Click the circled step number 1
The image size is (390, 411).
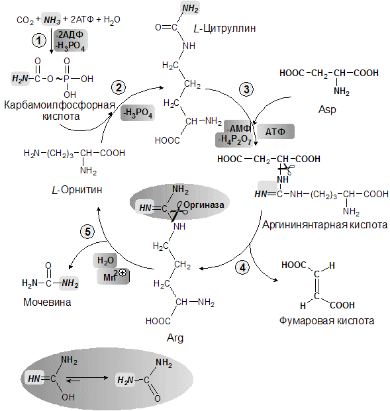pyautogui.click(x=39, y=40)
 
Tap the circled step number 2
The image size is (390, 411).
pyautogui.click(x=119, y=87)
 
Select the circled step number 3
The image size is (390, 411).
pyautogui.click(x=246, y=89)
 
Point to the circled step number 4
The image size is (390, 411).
pyautogui.click(x=242, y=267)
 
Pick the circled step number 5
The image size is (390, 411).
pyautogui.click(x=87, y=232)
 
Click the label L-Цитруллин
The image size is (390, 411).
pyautogui.click(x=224, y=28)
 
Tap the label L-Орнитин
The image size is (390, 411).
pyautogui.click(x=77, y=189)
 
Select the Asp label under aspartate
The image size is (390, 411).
pyautogui.click(x=327, y=109)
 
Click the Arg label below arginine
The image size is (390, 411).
pyautogui.click(x=175, y=338)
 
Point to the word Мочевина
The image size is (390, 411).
pyautogui.click(x=47, y=302)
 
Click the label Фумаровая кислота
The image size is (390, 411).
pyautogui.click(x=326, y=320)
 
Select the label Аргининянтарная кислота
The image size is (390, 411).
pyautogui.click(x=324, y=225)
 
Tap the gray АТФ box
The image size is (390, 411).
pyautogui.click(x=275, y=131)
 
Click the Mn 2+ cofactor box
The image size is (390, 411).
pyautogui.click(x=113, y=276)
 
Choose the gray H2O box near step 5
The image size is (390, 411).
pyautogui.click(x=105, y=260)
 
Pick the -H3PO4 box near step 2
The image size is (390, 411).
pyautogui.click(x=138, y=113)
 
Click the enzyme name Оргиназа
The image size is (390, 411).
pyautogui.click(x=204, y=205)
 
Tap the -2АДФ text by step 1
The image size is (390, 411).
pyautogui.click(x=70, y=34)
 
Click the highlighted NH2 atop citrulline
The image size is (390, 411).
pyautogui.click(x=190, y=8)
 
